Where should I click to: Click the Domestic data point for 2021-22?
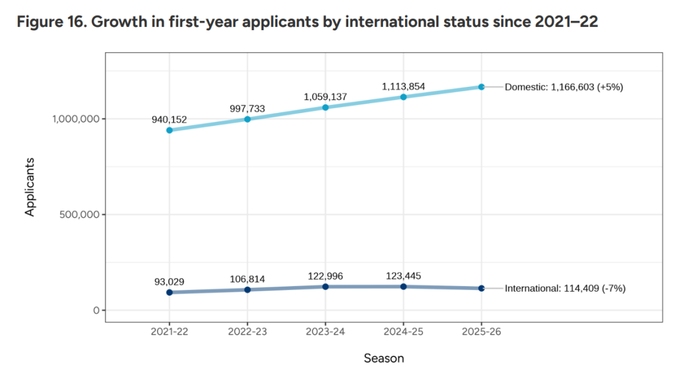(169, 130)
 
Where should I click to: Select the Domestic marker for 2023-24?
(325, 107)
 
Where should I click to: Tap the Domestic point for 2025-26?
(482, 87)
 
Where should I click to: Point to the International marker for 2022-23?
(247, 290)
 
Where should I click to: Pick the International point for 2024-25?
(404, 287)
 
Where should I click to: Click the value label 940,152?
(169, 119)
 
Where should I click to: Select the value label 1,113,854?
(403, 86)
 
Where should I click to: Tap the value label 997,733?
(247, 108)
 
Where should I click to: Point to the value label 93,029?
(169, 281)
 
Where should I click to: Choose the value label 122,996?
(325, 276)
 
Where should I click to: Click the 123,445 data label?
(403, 275)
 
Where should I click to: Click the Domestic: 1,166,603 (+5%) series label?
(564, 87)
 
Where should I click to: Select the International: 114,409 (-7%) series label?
(565, 289)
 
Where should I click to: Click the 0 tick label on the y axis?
(95, 311)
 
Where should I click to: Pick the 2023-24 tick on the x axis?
(325, 332)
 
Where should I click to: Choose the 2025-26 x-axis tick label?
(482, 332)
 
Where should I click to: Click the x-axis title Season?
(384, 358)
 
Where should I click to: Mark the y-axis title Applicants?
(30, 186)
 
